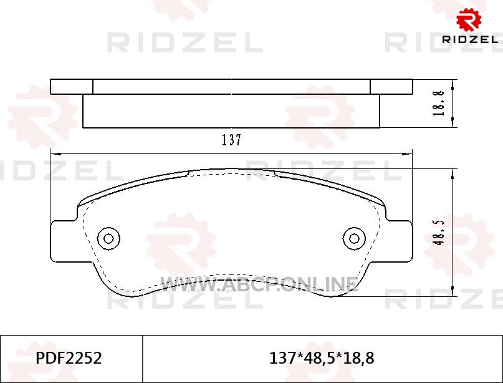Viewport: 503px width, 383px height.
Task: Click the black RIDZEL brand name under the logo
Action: click(470, 39)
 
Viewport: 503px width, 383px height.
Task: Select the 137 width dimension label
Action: click(232, 140)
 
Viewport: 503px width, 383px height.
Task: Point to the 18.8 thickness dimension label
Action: click(439, 104)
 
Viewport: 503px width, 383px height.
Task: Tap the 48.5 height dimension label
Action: click(439, 233)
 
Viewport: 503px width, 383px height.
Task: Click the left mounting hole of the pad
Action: click(108, 238)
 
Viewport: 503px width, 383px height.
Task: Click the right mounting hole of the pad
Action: click(354, 238)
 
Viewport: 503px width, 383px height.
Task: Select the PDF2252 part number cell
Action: click(69, 358)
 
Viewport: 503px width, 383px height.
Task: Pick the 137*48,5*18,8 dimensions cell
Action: click(322, 358)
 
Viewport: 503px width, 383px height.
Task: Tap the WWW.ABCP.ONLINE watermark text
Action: click(259, 284)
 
